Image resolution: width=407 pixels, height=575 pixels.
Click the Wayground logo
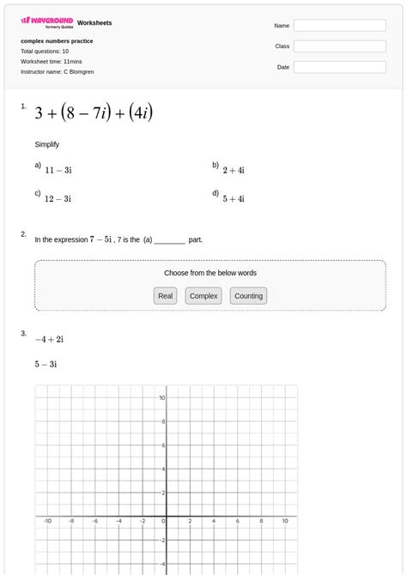(46, 21)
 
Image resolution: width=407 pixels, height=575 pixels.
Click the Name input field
(339, 26)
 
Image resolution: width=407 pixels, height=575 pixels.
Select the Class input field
(339, 46)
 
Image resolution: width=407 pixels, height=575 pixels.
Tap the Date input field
(339, 67)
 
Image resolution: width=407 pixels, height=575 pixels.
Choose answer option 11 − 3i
(58, 170)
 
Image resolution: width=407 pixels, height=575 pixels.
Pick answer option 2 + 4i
(234, 170)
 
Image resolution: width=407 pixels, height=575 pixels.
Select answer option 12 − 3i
(58, 198)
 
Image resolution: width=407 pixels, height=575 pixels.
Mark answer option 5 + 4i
(234, 198)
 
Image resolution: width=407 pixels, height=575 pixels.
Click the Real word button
(166, 296)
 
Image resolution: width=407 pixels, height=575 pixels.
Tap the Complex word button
(203, 296)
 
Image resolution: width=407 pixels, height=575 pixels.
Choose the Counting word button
(248, 296)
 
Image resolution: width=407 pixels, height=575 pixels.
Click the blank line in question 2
(170, 240)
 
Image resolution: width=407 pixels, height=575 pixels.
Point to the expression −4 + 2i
(50, 339)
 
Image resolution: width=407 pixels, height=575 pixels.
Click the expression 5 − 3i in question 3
(46, 364)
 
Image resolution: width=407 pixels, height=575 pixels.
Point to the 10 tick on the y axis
(161, 398)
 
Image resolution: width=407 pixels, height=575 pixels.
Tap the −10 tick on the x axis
(47, 520)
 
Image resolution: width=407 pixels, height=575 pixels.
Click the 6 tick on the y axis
(162, 445)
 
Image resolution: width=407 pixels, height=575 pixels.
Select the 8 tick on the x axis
(261, 520)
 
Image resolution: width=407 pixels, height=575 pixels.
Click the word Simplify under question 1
(47, 144)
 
